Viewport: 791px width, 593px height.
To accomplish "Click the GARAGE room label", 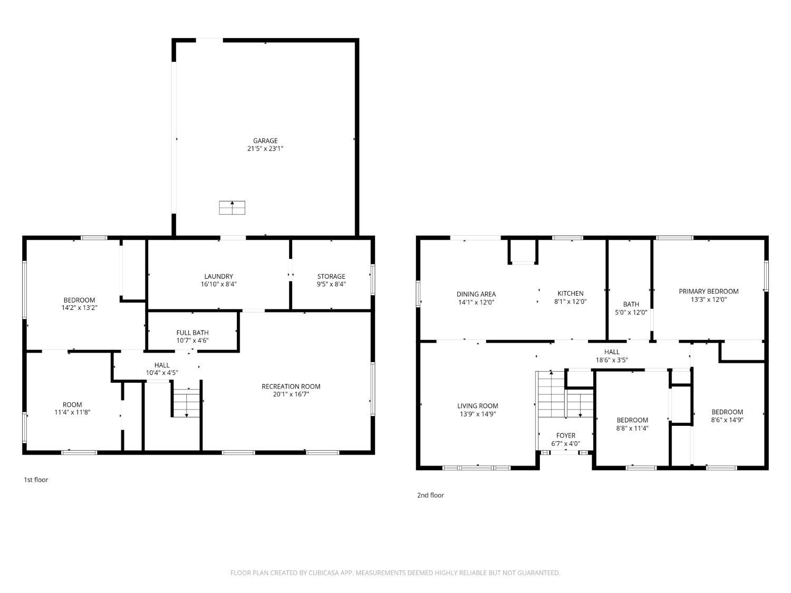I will point(265,141).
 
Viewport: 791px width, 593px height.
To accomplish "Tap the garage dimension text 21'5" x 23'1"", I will point(265,149).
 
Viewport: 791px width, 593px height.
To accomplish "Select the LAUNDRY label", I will point(218,276).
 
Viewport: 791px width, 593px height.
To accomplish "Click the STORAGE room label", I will point(331,276).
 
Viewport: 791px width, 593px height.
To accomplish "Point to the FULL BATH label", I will point(192,333).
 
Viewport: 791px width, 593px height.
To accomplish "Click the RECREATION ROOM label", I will point(291,386).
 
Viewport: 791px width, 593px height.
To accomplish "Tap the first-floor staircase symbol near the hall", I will point(186,403).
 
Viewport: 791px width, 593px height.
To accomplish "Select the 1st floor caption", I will point(36,480).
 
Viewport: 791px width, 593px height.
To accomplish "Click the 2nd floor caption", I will point(430,495).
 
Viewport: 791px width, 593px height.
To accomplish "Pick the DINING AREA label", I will point(476,294).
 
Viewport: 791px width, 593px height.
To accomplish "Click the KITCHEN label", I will point(570,294).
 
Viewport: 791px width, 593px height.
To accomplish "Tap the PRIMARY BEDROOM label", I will point(708,291).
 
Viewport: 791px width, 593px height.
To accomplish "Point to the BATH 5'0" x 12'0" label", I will point(631,308).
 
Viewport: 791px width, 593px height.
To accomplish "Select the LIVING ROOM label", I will point(477,406).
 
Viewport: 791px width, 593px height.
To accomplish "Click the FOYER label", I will point(565,435).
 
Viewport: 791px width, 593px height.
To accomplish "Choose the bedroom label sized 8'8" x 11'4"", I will point(632,424).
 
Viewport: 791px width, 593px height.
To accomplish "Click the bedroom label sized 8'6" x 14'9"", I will point(727,416).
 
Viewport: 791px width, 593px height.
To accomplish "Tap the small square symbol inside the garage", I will point(232,208).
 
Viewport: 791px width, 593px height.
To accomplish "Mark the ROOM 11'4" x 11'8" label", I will point(72,409).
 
